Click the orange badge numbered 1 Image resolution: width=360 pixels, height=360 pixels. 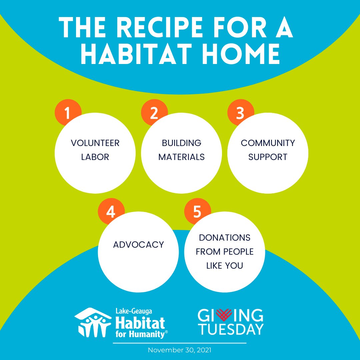click(68, 113)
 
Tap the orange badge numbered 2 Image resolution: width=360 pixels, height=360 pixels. click(154, 113)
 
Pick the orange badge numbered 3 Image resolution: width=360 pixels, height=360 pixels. click(240, 113)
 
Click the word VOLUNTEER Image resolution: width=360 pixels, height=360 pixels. click(95, 143)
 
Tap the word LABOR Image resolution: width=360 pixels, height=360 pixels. click(95, 157)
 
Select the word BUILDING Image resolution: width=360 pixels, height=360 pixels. click(181, 143)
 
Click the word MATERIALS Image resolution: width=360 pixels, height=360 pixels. click(181, 157)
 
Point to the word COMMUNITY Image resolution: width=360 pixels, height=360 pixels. click(268, 143)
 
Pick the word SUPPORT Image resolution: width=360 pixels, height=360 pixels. click(268, 157)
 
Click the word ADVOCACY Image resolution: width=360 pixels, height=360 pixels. click(138, 245)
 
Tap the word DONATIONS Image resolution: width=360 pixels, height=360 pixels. click(224, 238)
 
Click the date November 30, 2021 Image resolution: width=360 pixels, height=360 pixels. click(180, 350)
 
